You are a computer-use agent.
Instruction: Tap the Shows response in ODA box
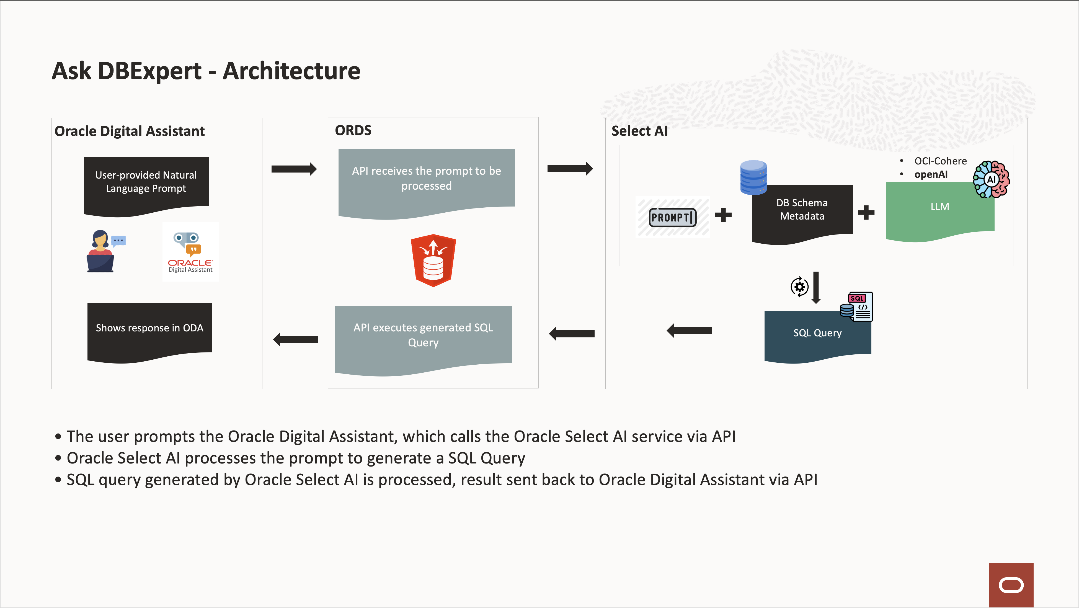pos(149,329)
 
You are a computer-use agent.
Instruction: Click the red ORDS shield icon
pos(433,261)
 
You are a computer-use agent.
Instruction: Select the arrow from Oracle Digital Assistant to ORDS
pos(294,169)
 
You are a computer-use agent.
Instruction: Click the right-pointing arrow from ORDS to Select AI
pos(570,168)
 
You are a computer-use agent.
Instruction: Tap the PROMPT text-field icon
pos(672,217)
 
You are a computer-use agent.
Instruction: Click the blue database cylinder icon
pos(753,177)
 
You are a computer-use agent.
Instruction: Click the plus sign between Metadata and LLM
pos(866,212)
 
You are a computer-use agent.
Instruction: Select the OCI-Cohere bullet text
pos(940,161)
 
